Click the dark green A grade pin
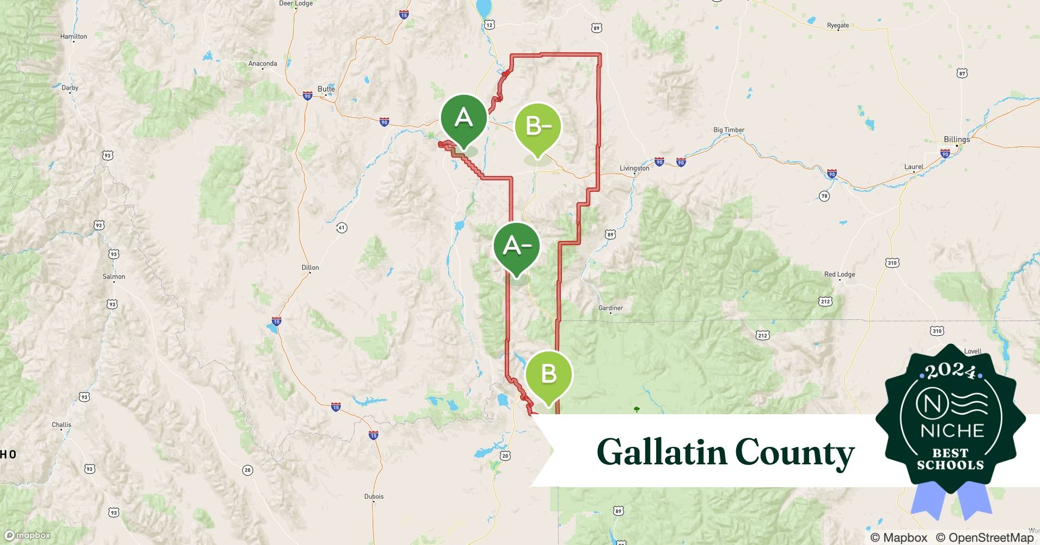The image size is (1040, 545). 463,118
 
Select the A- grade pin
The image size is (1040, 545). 516,246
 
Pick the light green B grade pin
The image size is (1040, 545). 548,374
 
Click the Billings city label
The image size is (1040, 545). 957,140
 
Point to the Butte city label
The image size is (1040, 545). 326,89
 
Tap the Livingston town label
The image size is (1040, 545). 634,168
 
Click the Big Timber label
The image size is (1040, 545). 729,130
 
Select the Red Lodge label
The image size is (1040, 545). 839,274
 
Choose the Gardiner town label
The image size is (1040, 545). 610,308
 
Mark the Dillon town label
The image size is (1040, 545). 310,268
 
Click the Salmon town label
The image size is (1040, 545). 114,276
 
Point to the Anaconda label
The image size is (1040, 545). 262,64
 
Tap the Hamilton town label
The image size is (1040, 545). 74,37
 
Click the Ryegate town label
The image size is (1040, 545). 837,26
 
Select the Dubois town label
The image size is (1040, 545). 374,496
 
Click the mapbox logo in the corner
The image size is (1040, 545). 27,536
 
